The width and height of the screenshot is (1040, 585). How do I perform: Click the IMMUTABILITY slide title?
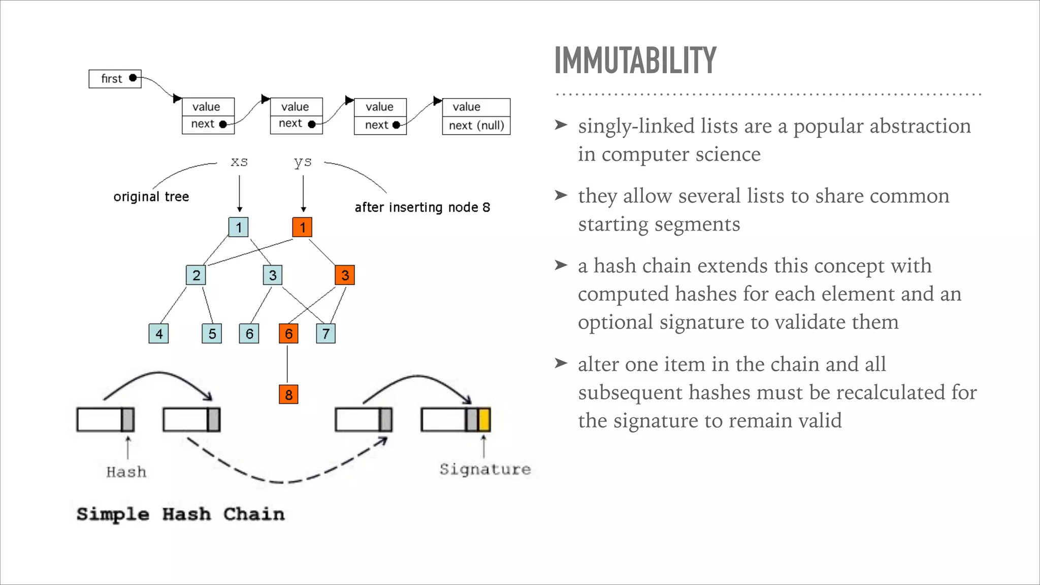(x=635, y=60)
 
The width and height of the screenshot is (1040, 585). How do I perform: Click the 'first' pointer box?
(x=115, y=79)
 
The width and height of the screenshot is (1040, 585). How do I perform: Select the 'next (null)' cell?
(x=476, y=125)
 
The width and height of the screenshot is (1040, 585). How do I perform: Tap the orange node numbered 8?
(x=288, y=394)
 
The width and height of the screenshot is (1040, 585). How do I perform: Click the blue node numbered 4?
(x=159, y=334)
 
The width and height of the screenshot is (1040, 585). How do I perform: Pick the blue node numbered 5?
(x=212, y=334)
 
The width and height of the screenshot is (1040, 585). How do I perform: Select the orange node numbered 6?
(x=288, y=334)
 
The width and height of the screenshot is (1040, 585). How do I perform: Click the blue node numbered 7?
(x=326, y=334)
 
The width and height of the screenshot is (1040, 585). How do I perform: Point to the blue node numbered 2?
(x=196, y=275)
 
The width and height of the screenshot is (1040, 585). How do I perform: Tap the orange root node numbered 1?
(x=302, y=227)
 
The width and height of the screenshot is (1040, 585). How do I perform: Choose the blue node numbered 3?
(x=273, y=275)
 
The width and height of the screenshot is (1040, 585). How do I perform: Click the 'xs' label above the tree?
(x=239, y=162)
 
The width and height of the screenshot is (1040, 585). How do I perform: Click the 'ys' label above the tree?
(x=303, y=162)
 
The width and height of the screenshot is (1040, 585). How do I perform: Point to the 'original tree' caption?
(x=151, y=197)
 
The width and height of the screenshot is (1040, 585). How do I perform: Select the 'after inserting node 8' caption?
(x=422, y=207)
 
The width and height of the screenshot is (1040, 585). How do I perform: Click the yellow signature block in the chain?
(x=484, y=420)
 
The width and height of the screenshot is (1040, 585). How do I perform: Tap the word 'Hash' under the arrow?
(x=126, y=472)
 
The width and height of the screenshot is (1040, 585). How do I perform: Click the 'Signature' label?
(x=485, y=469)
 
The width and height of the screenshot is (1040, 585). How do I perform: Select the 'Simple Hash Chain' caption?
(x=180, y=514)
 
